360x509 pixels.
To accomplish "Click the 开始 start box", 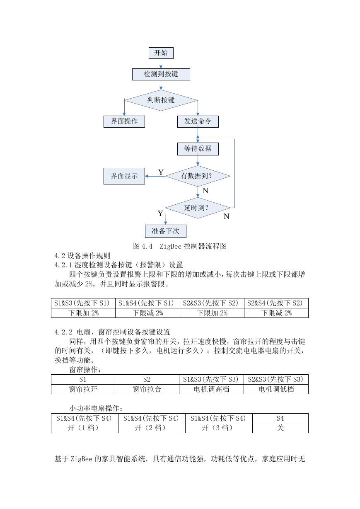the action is coord(161,53).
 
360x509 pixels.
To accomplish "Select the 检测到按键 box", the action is coord(161,74).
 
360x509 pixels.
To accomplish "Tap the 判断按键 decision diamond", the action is coord(161,100).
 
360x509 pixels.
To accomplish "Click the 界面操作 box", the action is coord(124,121).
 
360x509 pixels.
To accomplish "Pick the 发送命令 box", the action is coord(198,121).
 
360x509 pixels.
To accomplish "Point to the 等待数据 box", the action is coord(198,149).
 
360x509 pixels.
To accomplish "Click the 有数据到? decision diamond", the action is coord(198,176).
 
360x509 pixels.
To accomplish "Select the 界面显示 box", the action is coord(124,176).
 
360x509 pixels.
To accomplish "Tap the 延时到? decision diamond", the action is coord(198,208).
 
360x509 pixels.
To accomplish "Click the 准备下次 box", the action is coord(166,231).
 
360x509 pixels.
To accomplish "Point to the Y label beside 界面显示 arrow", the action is coord(161,172).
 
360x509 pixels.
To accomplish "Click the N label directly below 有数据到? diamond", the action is coord(205,190).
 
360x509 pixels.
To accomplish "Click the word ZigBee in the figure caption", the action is coord(171,246).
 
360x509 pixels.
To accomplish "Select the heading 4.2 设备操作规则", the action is coord(82,256).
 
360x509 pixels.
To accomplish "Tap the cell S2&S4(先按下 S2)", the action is coord(276,303).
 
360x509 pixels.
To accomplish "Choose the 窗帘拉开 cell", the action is coord(83,389).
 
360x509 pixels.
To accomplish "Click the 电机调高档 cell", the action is coord(211,389).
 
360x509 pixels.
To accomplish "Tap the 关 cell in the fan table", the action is coord(280,428).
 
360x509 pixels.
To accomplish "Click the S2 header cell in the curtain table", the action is coord(147,379).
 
